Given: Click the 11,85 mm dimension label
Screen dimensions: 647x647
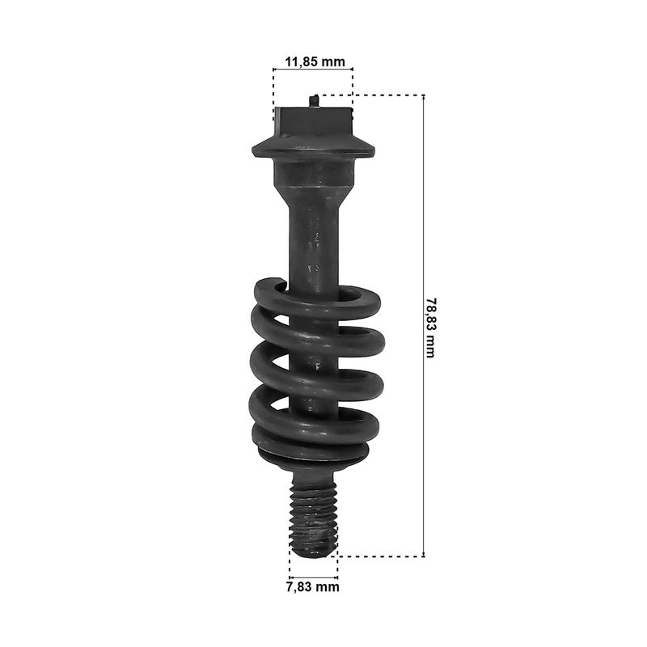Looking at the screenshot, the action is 315,62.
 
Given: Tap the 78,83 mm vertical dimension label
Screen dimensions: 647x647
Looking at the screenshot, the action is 430,328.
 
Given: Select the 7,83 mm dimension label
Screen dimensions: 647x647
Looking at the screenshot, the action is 313,586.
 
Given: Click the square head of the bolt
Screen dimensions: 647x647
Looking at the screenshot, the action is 313,122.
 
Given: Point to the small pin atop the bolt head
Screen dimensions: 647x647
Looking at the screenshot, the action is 314,100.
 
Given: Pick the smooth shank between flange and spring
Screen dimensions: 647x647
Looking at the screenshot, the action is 314,239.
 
